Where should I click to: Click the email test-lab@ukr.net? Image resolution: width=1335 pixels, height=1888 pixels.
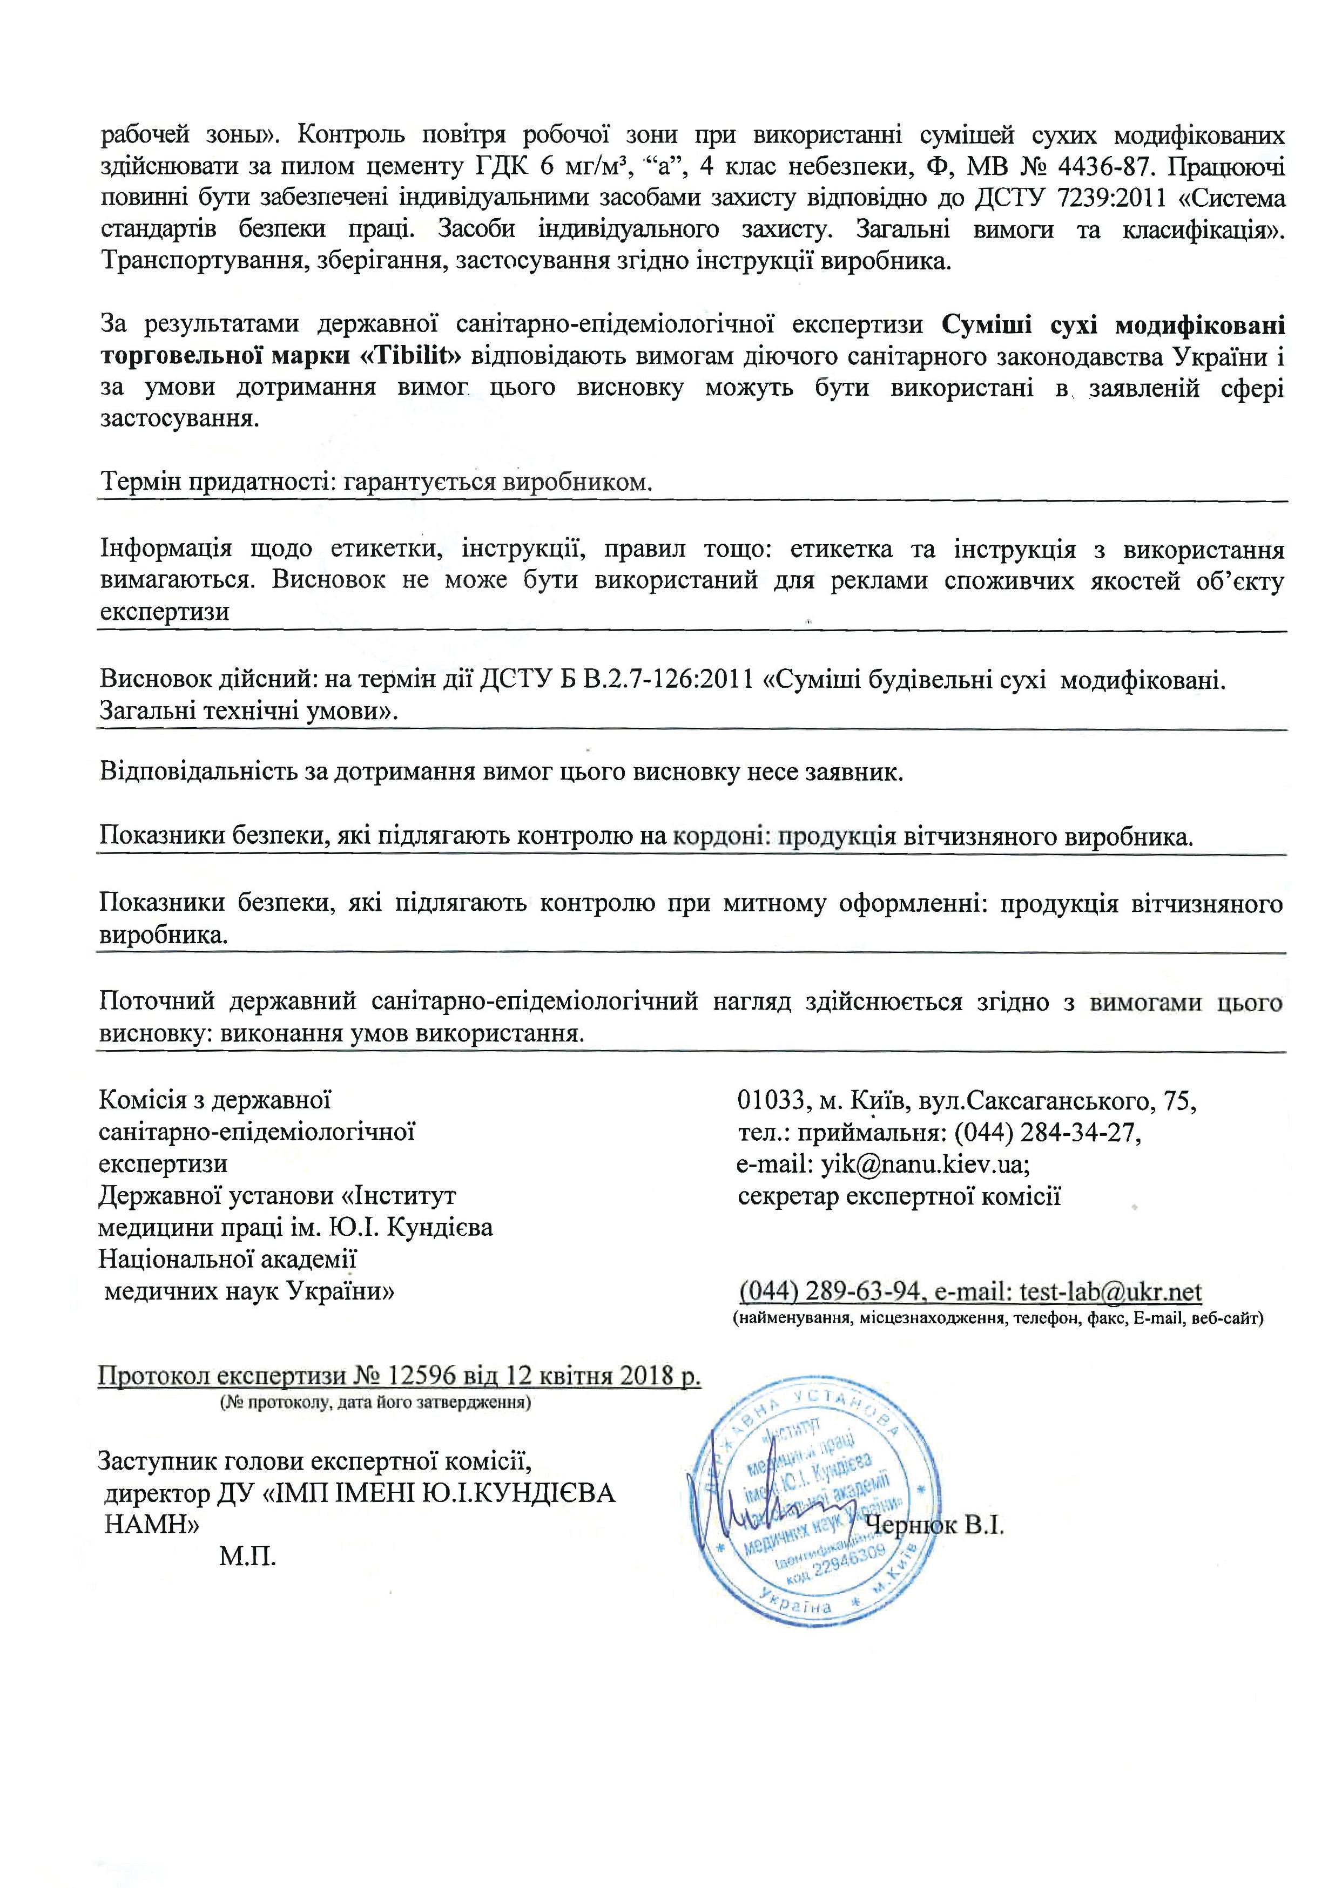(x=1110, y=1292)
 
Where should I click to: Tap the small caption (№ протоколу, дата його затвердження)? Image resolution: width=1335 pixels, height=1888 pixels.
(x=374, y=1403)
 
